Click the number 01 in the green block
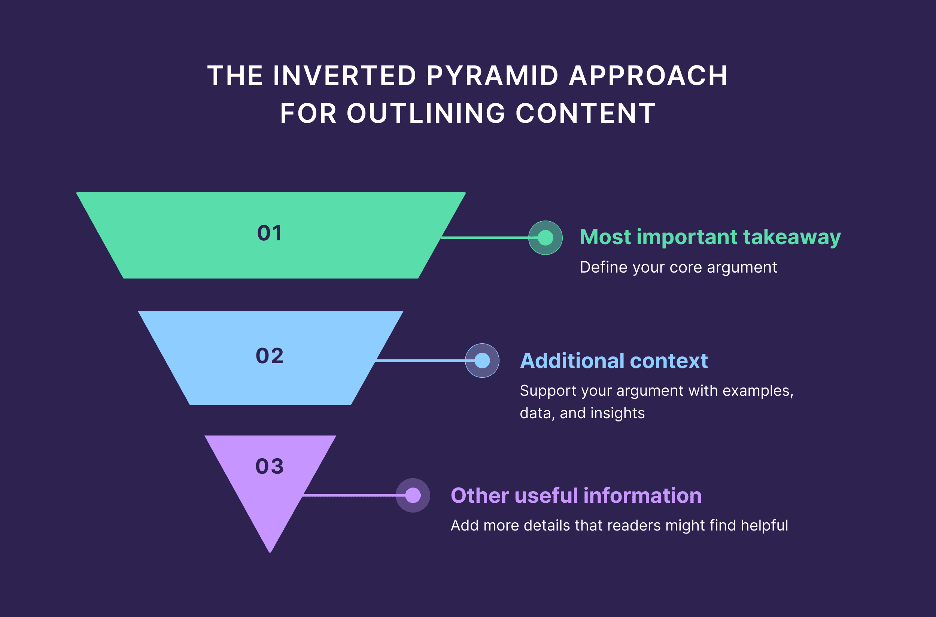pos(270,233)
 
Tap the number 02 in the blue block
pos(270,356)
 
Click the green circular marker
pos(545,238)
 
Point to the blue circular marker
pos(482,361)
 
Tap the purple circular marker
pos(413,495)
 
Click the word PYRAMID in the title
pos(492,76)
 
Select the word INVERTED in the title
pos(344,76)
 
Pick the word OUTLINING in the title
pos(426,113)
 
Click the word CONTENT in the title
pos(586,113)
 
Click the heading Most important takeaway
pos(710,237)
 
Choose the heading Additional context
pos(613,361)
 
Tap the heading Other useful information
pos(576,495)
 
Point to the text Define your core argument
pos(678,267)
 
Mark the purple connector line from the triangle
pos(350,495)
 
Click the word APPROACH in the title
pos(648,76)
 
